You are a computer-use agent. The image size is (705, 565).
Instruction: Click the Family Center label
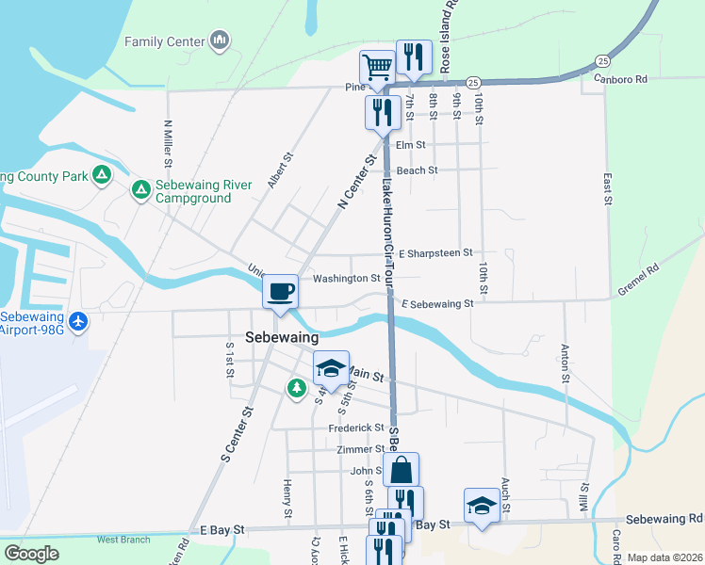pos(165,41)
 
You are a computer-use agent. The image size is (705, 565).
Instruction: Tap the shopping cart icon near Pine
pos(377,67)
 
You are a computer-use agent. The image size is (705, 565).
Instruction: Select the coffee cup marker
pos(281,291)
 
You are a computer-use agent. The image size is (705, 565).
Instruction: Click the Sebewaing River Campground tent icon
pos(140,191)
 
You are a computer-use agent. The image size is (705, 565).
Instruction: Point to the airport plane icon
pos(77,322)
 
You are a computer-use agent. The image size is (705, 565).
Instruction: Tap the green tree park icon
pos(297,387)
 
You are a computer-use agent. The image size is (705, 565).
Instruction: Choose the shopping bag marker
pos(401,469)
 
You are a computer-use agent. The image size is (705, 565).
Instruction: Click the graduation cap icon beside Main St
pos(331,367)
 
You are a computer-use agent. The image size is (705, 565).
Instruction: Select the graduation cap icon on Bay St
pos(482,505)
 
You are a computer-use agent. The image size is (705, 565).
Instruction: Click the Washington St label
pos(347,279)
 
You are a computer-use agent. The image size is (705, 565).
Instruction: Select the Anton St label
pos(566,363)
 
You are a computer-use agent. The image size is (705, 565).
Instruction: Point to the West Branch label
pos(123,540)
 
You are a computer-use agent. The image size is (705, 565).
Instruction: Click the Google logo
pos(31,554)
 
